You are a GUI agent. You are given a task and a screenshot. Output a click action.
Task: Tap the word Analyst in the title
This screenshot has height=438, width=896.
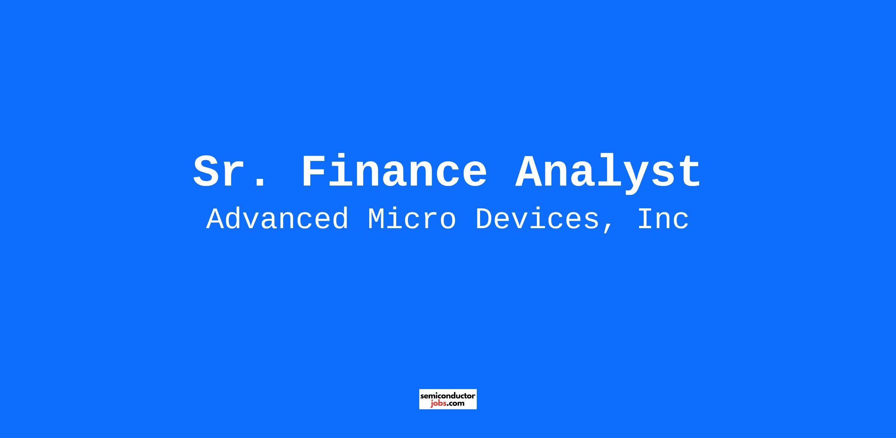608,174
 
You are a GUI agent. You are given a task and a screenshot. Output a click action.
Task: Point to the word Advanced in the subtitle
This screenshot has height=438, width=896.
278,219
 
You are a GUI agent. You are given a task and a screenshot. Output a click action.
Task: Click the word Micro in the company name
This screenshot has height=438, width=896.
412,219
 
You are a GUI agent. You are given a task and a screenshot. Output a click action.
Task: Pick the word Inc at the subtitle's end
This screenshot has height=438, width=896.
663,220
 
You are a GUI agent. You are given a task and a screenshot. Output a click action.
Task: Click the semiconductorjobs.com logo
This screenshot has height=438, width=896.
448,399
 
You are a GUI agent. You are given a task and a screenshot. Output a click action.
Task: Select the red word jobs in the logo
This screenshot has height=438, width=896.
439,404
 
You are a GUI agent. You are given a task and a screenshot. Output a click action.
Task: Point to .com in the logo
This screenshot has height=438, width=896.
456,404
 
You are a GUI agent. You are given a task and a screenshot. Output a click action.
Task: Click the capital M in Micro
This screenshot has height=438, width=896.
377,220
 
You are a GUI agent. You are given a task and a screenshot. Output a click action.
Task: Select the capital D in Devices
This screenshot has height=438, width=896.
485,220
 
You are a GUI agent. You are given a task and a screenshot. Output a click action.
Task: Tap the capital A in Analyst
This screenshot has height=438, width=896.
529,172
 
